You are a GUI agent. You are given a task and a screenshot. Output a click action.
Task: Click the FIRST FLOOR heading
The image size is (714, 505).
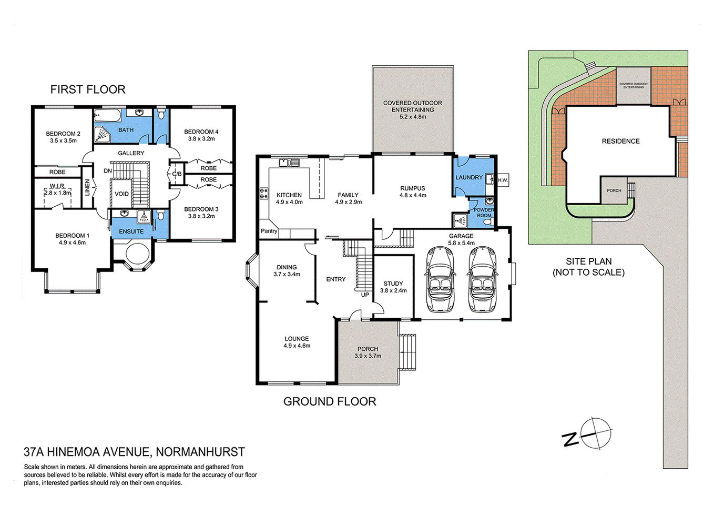click(x=88, y=89)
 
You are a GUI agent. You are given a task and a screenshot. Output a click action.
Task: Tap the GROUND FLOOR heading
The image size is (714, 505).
click(x=330, y=402)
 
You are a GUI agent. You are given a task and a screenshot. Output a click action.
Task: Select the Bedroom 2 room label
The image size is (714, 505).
click(x=63, y=134)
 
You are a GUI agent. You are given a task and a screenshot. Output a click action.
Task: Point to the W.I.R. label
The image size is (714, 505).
click(x=57, y=186)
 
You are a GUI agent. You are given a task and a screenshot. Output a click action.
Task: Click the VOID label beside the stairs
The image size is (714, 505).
click(x=121, y=194)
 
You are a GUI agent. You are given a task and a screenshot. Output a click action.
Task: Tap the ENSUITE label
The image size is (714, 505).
click(x=131, y=231)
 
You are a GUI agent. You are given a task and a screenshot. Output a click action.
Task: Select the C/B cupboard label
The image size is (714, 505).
click(x=177, y=174)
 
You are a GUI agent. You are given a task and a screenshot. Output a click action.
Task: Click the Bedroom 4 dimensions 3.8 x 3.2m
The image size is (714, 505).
click(x=201, y=139)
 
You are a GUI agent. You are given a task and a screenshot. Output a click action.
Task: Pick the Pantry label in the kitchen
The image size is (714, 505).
click(x=269, y=231)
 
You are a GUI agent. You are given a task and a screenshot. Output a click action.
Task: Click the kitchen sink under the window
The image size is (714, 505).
click(x=289, y=163)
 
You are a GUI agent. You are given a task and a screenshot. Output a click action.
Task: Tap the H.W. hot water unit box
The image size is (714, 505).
click(x=503, y=180)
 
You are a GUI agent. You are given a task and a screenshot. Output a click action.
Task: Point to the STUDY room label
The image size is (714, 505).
click(x=393, y=284)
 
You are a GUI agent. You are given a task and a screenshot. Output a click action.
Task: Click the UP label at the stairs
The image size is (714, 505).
click(x=365, y=295)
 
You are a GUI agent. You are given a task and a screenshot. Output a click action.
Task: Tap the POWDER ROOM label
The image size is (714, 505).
click(x=484, y=213)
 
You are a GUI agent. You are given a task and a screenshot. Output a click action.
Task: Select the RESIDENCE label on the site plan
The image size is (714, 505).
click(x=620, y=142)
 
